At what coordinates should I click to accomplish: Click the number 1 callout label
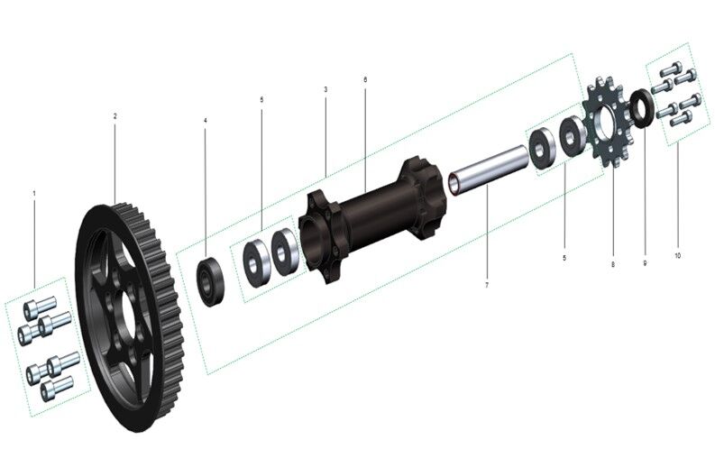pos(34,193)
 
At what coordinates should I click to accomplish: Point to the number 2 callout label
pos(115,116)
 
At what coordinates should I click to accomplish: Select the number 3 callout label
pos(325,89)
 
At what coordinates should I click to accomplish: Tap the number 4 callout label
pos(205,120)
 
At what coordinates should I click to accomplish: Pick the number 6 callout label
pos(365,79)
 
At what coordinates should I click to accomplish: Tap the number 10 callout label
pos(677,255)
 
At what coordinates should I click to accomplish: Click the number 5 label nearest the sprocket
pos(564,258)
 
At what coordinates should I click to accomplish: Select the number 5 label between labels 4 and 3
pos(261,99)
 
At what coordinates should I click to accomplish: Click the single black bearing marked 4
pos(213,281)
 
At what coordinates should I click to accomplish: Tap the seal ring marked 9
pos(641,109)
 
